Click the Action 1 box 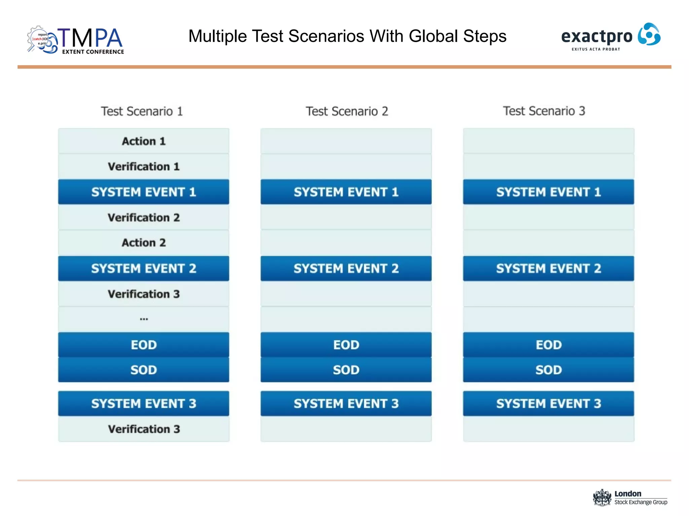[144, 141]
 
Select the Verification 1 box [144, 167]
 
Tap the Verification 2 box [144, 218]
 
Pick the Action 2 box [144, 243]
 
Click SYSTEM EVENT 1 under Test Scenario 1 [144, 192]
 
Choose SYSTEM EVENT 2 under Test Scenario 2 [346, 268]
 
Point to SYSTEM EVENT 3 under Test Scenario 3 [548, 403]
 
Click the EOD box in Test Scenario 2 [346, 345]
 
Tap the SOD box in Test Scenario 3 [548, 370]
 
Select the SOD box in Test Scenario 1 [144, 370]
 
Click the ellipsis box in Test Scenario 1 [144, 319]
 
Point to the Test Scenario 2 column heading [347, 111]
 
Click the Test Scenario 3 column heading [544, 111]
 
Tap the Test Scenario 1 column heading [142, 111]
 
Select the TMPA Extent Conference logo [76, 40]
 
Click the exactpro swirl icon [649, 34]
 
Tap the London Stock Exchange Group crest [602, 498]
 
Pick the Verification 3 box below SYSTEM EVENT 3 [144, 429]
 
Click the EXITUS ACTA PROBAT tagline [596, 49]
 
